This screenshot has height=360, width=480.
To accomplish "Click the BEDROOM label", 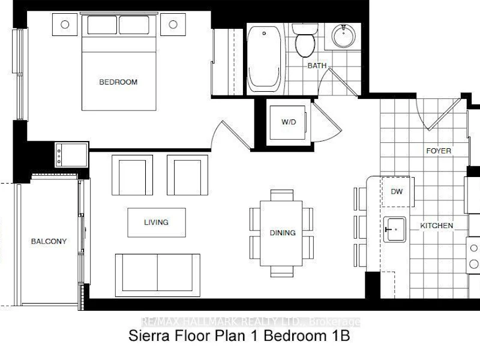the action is [x=118, y=82].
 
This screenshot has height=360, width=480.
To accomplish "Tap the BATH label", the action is [x=317, y=65].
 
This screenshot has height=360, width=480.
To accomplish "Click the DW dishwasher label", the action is [x=397, y=191].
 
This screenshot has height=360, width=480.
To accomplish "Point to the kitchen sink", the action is [x=395, y=230].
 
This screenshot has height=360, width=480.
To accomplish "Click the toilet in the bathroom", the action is [x=305, y=40].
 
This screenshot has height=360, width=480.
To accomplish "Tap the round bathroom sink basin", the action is [x=344, y=36].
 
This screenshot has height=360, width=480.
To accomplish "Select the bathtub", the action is [x=264, y=59].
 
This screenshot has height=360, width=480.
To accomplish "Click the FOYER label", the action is [x=439, y=151].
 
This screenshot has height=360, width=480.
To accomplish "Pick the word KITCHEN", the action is [x=436, y=226].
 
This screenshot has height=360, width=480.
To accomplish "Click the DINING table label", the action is [x=283, y=233].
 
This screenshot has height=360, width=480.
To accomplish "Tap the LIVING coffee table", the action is [x=157, y=223].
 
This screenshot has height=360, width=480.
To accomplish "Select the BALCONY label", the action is [x=49, y=241].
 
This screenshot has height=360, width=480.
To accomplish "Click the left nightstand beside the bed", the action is [x=65, y=25].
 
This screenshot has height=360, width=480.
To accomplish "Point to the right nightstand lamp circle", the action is [x=173, y=25].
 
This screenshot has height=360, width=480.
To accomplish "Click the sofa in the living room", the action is [x=158, y=275].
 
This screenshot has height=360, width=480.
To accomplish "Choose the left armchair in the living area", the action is [x=132, y=175].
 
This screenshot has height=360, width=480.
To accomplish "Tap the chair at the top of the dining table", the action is [x=282, y=195].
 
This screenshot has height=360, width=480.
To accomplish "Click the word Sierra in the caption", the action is [x=149, y=336].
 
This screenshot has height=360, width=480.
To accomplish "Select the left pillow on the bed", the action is [x=102, y=25].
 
